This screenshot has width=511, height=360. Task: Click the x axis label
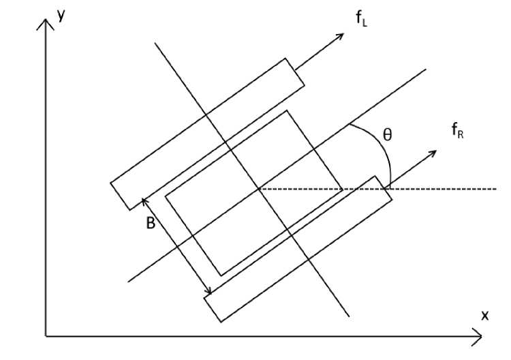pyautogui.click(x=485, y=315)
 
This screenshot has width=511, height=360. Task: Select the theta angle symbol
pyautogui.click(x=387, y=135)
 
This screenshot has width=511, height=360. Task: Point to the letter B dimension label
pyautogui.click(x=151, y=223)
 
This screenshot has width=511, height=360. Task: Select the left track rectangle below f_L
pyautogui.click(x=207, y=134)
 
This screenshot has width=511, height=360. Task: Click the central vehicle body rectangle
pyautogui.click(x=253, y=192)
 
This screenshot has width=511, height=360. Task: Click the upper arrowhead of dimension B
pyautogui.click(x=144, y=200)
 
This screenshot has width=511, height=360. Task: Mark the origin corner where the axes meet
pyautogui.click(x=46, y=335)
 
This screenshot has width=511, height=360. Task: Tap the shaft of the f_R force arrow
pyautogui.click(x=412, y=168)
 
